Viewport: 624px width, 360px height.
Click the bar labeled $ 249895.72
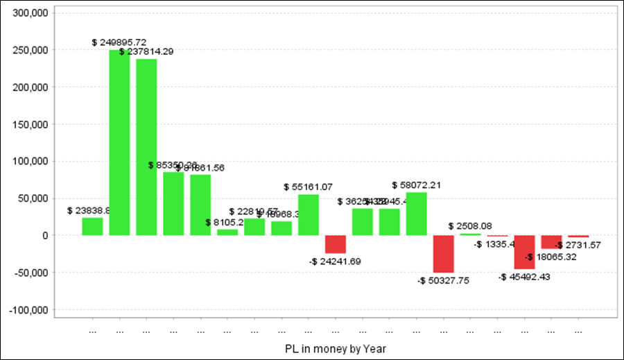119,142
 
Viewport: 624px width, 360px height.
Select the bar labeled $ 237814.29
146,147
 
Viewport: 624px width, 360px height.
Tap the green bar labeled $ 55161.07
309,214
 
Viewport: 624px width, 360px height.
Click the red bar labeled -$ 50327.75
444,254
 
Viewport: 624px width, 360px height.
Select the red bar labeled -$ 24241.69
336,244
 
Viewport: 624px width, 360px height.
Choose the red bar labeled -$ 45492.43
525,252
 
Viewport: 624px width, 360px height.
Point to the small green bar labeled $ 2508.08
471,234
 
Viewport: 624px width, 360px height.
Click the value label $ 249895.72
119,42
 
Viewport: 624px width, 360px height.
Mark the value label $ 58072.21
417,185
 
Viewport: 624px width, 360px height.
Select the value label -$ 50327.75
444,280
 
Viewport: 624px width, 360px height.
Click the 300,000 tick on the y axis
28,13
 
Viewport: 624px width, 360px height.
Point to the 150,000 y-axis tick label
28,124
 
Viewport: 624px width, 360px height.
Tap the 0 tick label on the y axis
44,235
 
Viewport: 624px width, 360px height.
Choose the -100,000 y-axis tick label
26,309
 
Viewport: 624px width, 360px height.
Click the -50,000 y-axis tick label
28,273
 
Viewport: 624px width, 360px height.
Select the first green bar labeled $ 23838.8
92,227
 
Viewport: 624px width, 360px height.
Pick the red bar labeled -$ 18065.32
552,241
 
